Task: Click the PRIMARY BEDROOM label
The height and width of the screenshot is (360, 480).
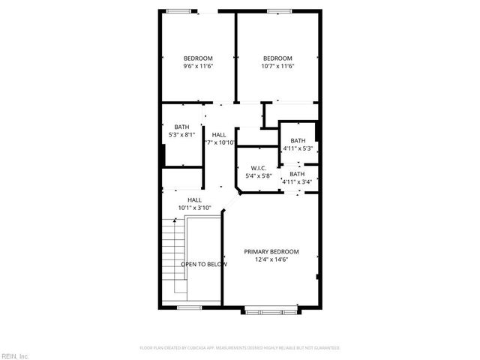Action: pyautogui.click(x=271, y=251)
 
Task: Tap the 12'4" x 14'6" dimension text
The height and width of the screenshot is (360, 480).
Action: pyautogui.click(x=271, y=259)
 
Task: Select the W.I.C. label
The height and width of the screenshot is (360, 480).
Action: pyautogui.click(x=259, y=168)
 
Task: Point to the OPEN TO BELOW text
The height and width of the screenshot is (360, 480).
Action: pyautogui.click(x=204, y=264)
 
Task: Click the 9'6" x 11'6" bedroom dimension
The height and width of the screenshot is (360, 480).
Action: pyautogui.click(x=198, y=66)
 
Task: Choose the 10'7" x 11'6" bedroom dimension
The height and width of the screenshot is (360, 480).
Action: pyautogui.click(x=277, y=66)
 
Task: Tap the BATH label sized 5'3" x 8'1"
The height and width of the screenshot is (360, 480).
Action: pyautogui.click(x=182, y=127)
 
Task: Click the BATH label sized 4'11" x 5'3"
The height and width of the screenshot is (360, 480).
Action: pyautogui.click(x=298, y=141)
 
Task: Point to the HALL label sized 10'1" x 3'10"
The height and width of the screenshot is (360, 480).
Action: pyautogui.click(x=194, y=199)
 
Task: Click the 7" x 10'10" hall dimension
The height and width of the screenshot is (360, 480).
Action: pyautogui.click(x=219, y=142)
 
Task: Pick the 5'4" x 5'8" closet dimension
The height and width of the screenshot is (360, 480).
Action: pyautogui.click(x=259, y=176)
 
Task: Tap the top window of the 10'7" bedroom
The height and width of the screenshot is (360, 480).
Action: pyautogui.click(x=279, y=10)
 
